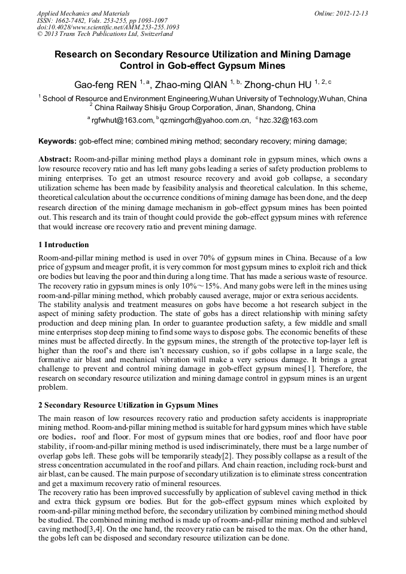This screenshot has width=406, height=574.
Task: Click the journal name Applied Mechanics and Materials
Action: pos(83,13)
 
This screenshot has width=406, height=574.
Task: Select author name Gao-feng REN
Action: pos(105,84)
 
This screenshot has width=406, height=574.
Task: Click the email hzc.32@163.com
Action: pos(288,120)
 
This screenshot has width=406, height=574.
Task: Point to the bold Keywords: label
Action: pos(57,142)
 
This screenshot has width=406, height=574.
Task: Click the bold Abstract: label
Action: pos(55,160)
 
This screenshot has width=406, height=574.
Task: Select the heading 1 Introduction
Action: pos(63,245)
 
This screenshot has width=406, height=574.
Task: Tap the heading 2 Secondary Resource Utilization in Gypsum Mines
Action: pos(128,405)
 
